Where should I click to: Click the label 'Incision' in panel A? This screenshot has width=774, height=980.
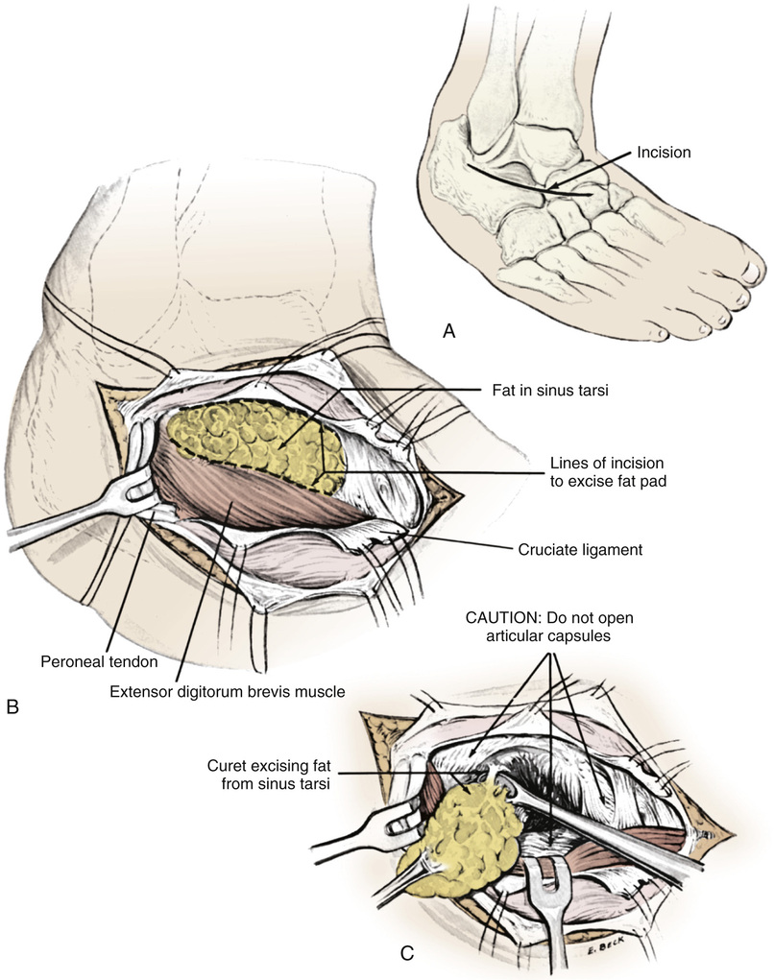pyautogui.click(x=665, y=152)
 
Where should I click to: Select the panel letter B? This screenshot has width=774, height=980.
pyautogui.click(x=12, y=709)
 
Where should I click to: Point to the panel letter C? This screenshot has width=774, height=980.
pyautogui.click(x=407, y=953)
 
